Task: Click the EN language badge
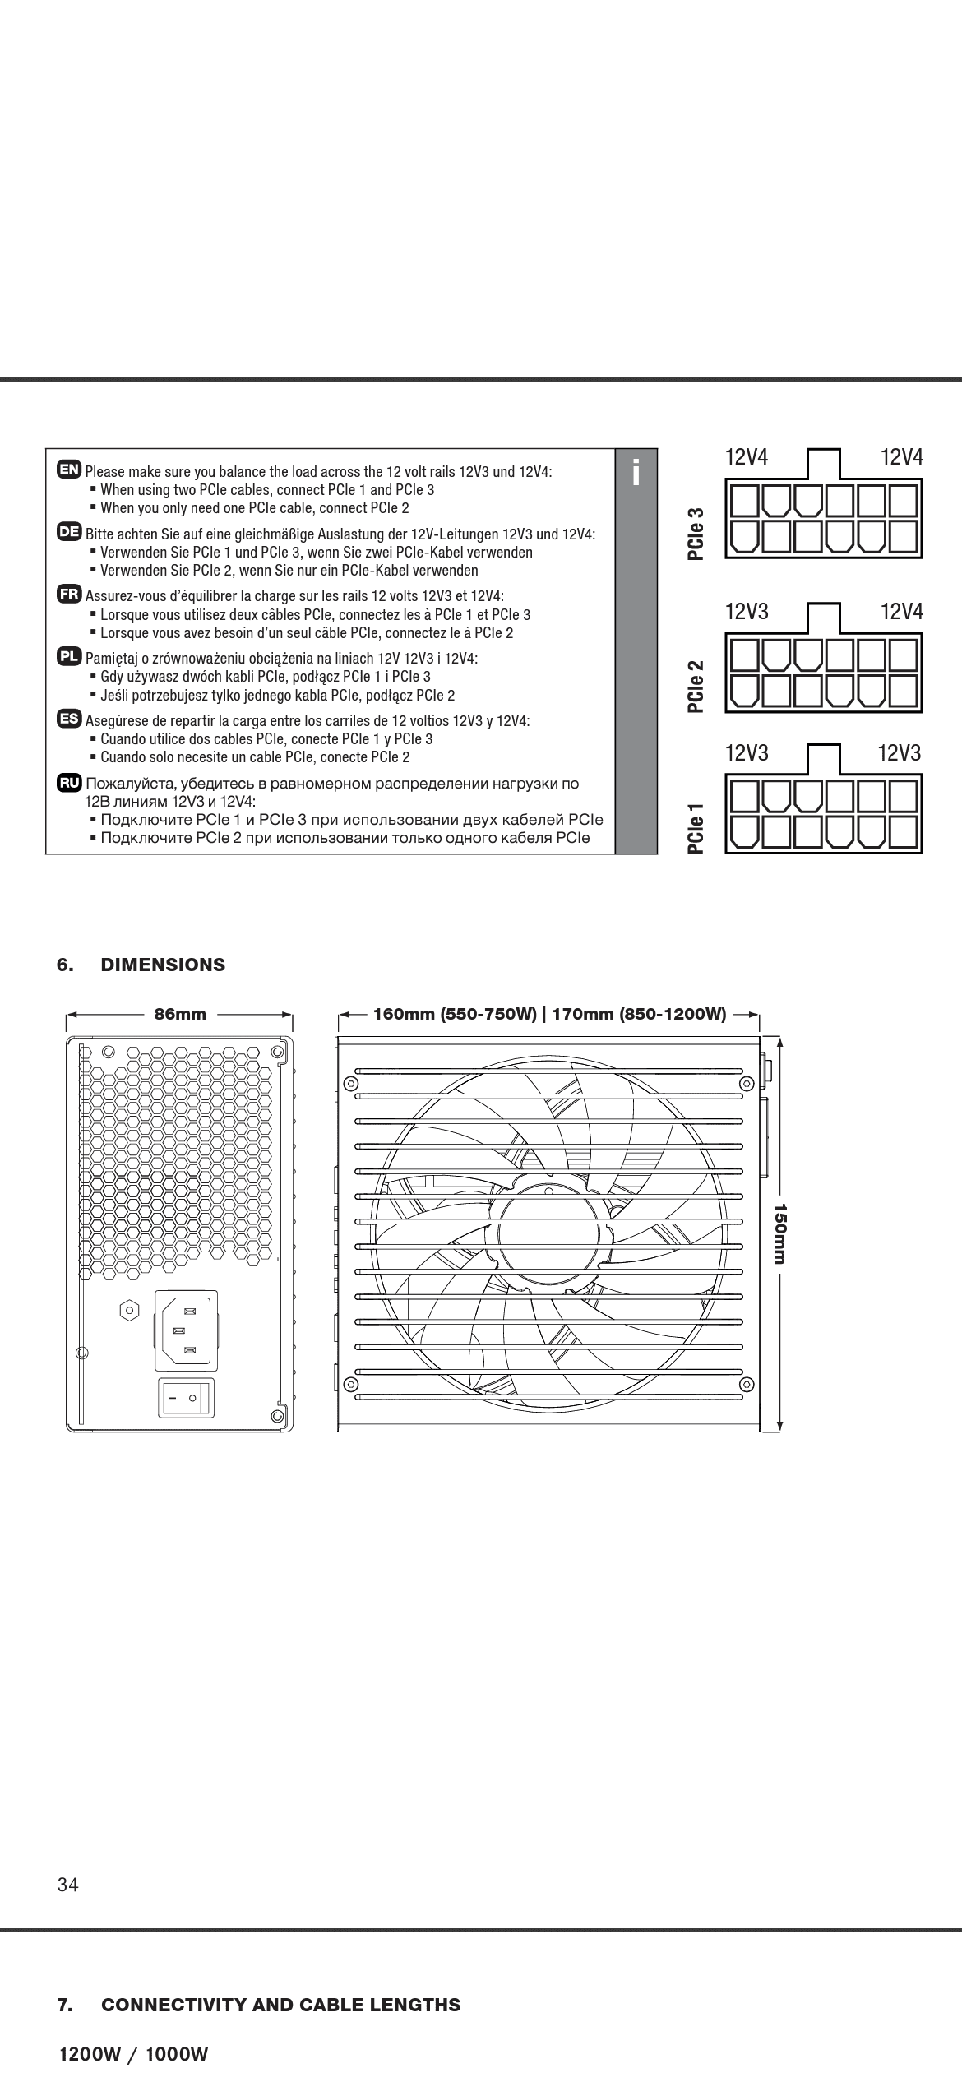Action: [x=69, y=470]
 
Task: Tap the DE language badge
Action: [x=69, y=531]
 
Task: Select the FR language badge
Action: [x=69, y=594]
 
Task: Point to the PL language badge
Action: [x=69, y=656]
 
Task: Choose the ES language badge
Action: [x=69, y=719]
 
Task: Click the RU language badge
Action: [x=69, y=781]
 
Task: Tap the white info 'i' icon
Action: [x=636, y=472]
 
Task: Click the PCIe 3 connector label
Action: [x=696, y=534]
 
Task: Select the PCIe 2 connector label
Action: [x=696, y=686]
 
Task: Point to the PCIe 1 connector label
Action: [x=696, y=829]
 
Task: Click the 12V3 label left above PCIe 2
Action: [x=746, y=611]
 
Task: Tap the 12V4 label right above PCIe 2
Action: [x=901, y=611]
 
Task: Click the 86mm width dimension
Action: [x=181, y=1014]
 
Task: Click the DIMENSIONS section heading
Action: [x=163, y=965]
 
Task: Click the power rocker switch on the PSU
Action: [x=185, y=1398]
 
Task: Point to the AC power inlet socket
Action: [x=186, y=1330]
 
